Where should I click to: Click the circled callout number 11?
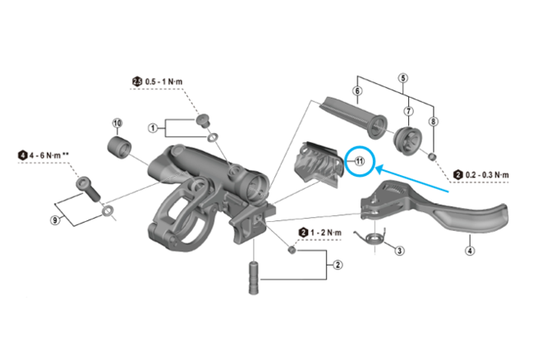tap(359, 161)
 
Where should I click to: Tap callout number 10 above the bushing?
tap(117, 123)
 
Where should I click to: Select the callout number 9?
tap(55, 220)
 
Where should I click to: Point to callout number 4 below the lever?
tap(470, 251)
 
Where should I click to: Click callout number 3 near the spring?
tap(399, 251)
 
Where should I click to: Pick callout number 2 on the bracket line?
tap(338, 265)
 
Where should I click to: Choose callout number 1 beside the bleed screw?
tap(153, 128)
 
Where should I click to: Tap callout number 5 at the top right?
tap(403, 78)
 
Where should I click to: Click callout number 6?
tap(357, 90)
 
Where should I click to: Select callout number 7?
tap(408, 111)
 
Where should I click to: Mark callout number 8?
tap(434, 122)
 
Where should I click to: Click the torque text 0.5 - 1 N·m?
tap(163, 81)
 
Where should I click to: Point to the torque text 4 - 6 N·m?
tap(45, 155)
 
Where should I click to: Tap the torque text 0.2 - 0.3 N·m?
tap(487, 174)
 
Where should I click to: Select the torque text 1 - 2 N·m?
tap(326, 233)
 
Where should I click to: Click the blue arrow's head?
tap(378, 168)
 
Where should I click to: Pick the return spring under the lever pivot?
tap(371, 237)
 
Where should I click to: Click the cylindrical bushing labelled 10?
tap(118, 148)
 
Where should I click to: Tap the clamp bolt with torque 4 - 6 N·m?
tap(89, 189)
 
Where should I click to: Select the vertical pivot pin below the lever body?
tap(254, 278)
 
